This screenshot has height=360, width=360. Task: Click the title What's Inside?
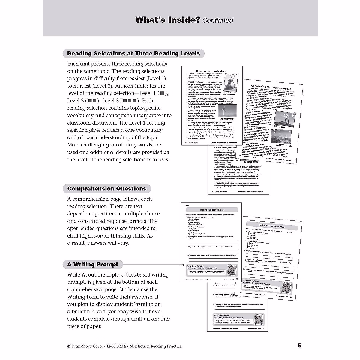point(167,20)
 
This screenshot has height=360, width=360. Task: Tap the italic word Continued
point(218,20)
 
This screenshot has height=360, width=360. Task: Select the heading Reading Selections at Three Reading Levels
point(133,54)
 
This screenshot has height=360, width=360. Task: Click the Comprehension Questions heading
point(107,189)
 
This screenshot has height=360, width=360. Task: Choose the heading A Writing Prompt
point(93,265)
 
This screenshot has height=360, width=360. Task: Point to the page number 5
point(300,346)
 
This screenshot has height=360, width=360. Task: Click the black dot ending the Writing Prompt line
point(183,265)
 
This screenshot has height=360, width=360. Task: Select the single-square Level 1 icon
point(162,93)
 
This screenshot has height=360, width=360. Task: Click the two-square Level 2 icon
point(92,101)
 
